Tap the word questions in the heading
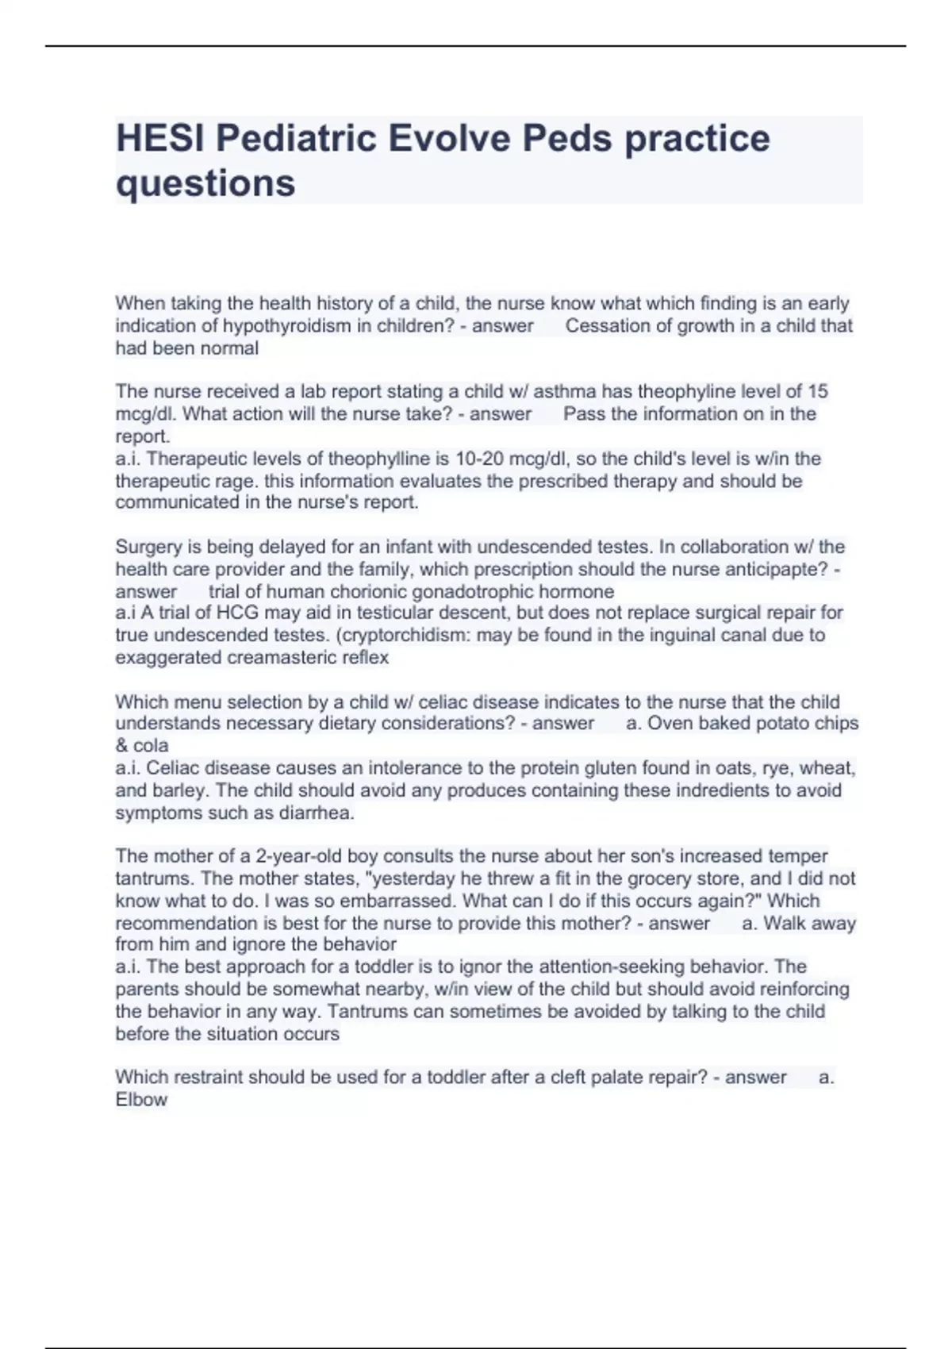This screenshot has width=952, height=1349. tap(205, 183)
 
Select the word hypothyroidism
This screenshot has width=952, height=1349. tap(286, 325)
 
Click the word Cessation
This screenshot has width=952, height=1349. tap(606, 325)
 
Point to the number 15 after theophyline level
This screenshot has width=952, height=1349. tap(817, 391)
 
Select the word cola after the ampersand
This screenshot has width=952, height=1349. tap(151, 746)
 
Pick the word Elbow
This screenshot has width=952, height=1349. tap(141, 1100)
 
